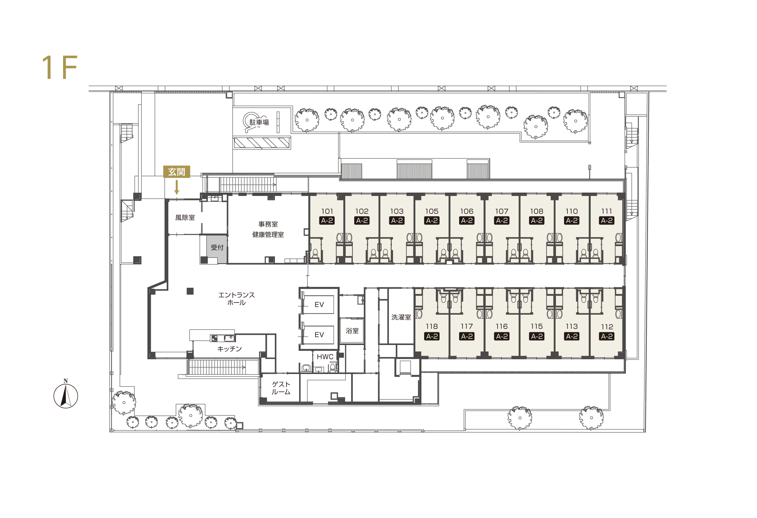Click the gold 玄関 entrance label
point(176,172)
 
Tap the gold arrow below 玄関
point(176,187)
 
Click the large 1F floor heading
point(60,67)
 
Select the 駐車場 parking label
point(259,122)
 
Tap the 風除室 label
point(185,218)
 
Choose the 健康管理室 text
point(268,234)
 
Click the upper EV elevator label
point(319,305)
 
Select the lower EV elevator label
point(319,335)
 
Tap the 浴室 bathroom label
point(352,331)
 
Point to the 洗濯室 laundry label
point(401,317)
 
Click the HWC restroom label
point(325,357)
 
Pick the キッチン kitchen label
point(229,349)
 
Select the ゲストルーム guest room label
point(281,388)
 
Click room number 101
point(327,211)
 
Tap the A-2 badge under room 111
point(607,221)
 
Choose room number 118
point(432,326)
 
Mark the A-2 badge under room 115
point(537,336)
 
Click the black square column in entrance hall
point(190,291)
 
